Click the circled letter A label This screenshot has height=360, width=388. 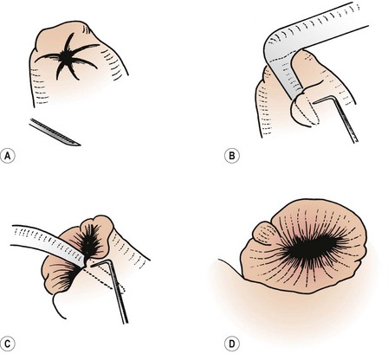tap(8, 157)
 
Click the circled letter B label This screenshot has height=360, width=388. tap(231, 156)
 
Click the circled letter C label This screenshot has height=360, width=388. tap(8, 344)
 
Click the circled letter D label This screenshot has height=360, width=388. tap(231, 344)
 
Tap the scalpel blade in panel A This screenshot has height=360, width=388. tap(55, 132)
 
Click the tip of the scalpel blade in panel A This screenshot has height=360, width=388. tap(81, 145)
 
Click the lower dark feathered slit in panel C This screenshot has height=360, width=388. tap(67, 276)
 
